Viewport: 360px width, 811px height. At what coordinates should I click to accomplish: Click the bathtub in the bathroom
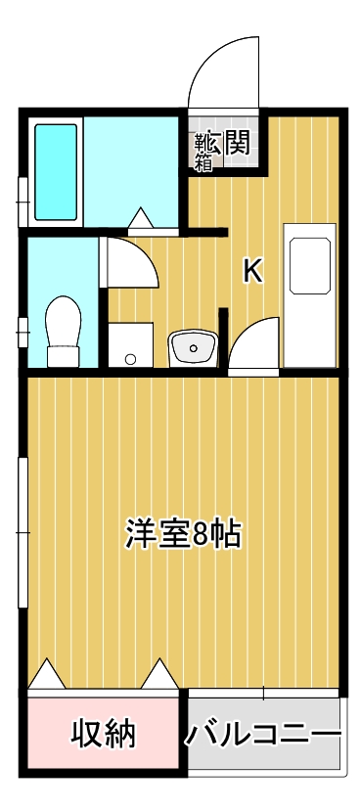point(56,172)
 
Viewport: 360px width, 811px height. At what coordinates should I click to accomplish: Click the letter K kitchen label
point(253,271)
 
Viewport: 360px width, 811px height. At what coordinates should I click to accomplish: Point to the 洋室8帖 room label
point(183,534)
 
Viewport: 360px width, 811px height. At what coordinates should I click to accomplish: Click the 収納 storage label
point(103,733)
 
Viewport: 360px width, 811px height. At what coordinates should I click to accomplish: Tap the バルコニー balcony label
point(264,733)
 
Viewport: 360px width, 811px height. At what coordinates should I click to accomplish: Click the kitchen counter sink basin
point(310,266)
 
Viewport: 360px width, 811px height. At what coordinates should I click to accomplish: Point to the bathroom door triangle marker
point(141,218)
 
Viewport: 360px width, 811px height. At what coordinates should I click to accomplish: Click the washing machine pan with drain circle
point(130,345)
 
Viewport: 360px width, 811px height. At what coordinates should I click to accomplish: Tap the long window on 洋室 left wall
point(23,533)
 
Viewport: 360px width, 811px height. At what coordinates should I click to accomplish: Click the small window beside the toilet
point(22,332)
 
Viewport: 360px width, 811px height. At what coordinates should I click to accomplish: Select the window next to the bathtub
point(23,202)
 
